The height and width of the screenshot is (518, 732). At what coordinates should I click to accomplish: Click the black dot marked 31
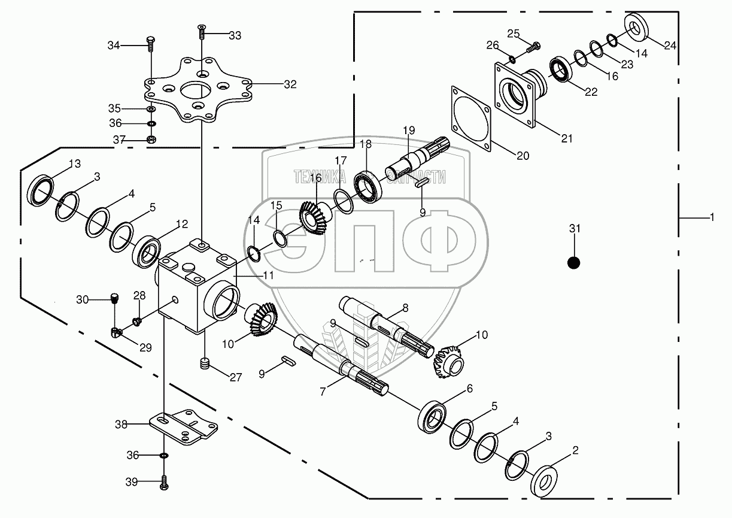coord(573,262)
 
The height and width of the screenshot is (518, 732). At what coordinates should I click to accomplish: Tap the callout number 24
coord(670,45)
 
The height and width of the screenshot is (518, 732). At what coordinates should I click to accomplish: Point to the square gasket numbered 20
coord(472,117)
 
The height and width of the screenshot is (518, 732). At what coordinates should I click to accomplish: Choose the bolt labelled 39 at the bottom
coord(163,483)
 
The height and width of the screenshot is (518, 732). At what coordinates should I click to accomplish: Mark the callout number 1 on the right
coord(712,219)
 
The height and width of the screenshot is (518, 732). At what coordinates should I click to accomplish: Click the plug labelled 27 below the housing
coord(205,363)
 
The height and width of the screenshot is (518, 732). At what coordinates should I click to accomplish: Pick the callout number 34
coord(114,45)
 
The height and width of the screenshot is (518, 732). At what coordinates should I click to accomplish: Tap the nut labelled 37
coord(151,140)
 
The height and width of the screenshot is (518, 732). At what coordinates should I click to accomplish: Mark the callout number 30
coord(83,299)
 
